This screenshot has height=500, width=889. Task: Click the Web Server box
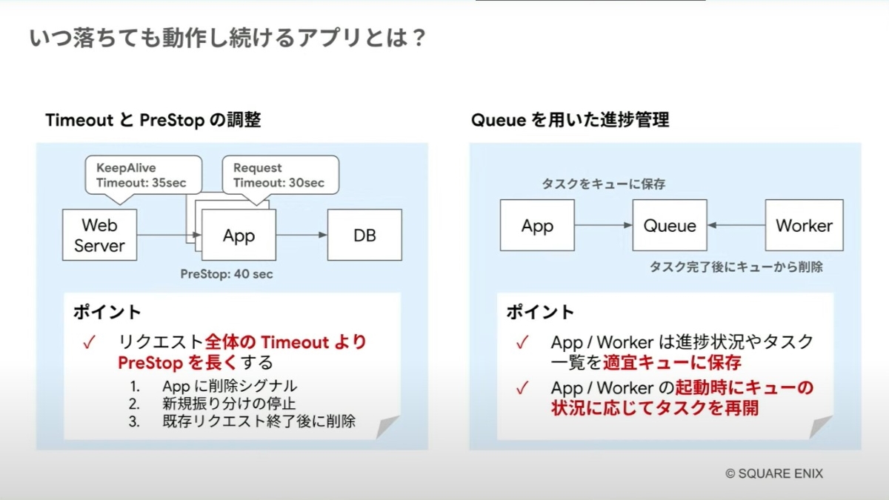99,234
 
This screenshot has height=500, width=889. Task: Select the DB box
364,235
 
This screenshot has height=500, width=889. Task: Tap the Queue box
670,225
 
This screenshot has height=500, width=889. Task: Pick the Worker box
804,225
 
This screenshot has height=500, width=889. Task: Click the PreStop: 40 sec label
227,274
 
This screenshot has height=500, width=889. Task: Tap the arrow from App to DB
302,235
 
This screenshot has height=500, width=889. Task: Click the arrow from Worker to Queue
736,225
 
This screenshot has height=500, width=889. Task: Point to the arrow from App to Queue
604,225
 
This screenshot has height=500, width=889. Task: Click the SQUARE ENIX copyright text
774,473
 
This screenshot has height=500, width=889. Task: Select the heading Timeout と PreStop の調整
153,120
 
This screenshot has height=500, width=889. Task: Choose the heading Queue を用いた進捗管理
570,120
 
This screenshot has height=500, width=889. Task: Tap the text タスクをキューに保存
593,184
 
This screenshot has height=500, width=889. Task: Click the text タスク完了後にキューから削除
736,267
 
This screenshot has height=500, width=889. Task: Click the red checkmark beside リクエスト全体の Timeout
90,343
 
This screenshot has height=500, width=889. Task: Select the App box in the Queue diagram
537,225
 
